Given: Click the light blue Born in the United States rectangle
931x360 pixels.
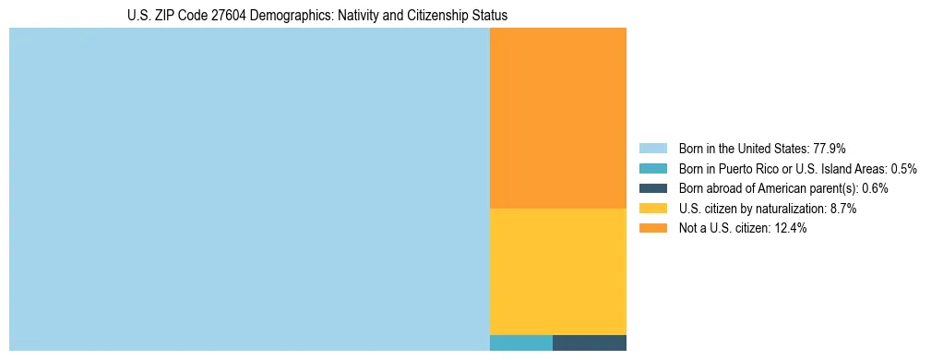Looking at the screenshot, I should [249, 189].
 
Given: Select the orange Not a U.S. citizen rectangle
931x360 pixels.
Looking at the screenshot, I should [557, 118].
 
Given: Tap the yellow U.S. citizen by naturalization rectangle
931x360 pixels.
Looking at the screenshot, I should [557, 271].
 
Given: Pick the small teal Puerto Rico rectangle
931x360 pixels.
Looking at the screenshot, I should [520, 342].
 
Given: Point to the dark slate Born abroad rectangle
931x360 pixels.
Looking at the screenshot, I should [589, 342].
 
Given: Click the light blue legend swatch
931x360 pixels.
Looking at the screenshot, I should [652, 149].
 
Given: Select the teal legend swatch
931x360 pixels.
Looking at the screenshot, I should [652, 169].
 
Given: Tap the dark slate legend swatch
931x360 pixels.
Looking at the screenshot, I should [652, 188].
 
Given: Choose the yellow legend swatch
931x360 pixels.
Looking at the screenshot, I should [652, 209].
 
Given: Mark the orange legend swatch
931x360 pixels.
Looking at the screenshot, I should [652, 228].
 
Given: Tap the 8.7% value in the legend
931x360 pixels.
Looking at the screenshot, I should [842, 209].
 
